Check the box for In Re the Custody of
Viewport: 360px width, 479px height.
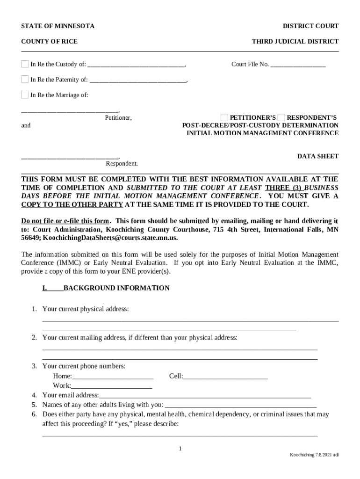point(25,64)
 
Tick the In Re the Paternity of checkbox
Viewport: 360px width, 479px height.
point(25,80)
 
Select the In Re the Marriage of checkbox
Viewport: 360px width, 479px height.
point(25,95)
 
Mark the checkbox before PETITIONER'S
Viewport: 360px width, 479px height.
point(224,117)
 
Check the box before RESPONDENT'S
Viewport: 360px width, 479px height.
point(281,117)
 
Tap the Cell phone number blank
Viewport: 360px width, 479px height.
point(225,377)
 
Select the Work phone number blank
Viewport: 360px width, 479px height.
point(111,386)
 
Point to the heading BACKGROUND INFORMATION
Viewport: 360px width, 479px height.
point(116,288)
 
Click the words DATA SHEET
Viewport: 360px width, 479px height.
point(318,156)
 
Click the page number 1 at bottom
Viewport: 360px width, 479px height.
point(180,449)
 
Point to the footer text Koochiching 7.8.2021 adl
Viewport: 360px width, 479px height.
point(314,455)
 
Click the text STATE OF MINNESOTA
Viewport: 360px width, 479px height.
point(58,26)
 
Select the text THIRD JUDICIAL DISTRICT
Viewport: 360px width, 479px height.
point(295,42)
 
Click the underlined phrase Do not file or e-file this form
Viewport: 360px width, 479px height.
point(65,221)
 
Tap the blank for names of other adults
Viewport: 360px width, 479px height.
point(241,405)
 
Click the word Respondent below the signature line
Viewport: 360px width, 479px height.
point(122,164)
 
